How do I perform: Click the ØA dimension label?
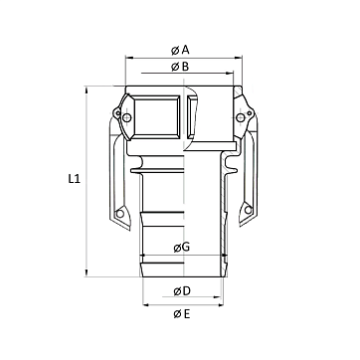(180, 50)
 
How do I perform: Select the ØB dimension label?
(180, 67)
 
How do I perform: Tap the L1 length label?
(75, 179)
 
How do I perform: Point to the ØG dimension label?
(182, 247)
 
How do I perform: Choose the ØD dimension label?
(182, 291)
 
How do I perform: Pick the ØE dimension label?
(182, 313)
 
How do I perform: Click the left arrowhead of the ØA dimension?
(129, 58)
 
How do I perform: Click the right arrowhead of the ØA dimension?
(239, 58)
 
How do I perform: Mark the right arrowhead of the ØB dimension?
(230, 73)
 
